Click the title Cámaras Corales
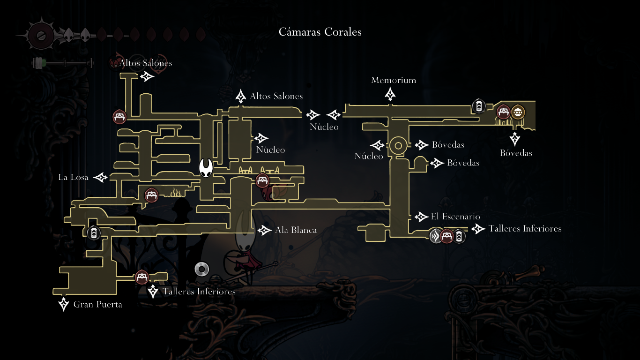pos(320,32)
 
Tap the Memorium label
pos(394,80)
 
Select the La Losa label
pos(73,177)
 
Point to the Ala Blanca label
pos(296,230)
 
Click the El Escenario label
pos(455,217)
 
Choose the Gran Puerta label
pos(97,305)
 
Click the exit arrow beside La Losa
pos(101,177)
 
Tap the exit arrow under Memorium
pos(390,94)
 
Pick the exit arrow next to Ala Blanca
pos(264,230)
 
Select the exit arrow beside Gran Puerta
pos(64,304)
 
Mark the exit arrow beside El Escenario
pos(420,217)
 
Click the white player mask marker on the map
pos(206,168)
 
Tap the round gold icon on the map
pos(518,112)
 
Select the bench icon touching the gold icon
pos(504,112)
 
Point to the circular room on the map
pos(398,146)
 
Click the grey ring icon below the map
pos(201,269)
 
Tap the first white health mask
pos(68,35)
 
